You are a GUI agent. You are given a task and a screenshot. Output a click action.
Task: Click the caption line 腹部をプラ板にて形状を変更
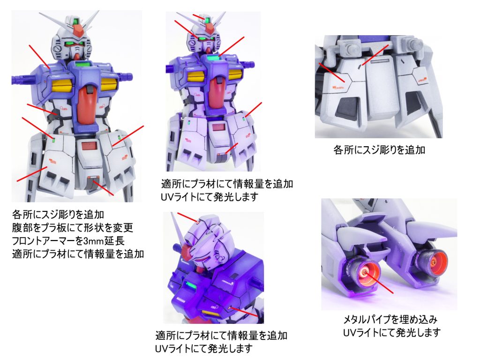point(73,228)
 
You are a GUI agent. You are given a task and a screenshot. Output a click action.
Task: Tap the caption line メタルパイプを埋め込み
point(390,320)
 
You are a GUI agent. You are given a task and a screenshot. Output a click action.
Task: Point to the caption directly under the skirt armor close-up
point(378,150)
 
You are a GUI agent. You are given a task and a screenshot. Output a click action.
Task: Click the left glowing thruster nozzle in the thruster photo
point(364,272)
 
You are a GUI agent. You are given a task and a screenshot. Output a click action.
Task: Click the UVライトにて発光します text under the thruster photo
point(390,333)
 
